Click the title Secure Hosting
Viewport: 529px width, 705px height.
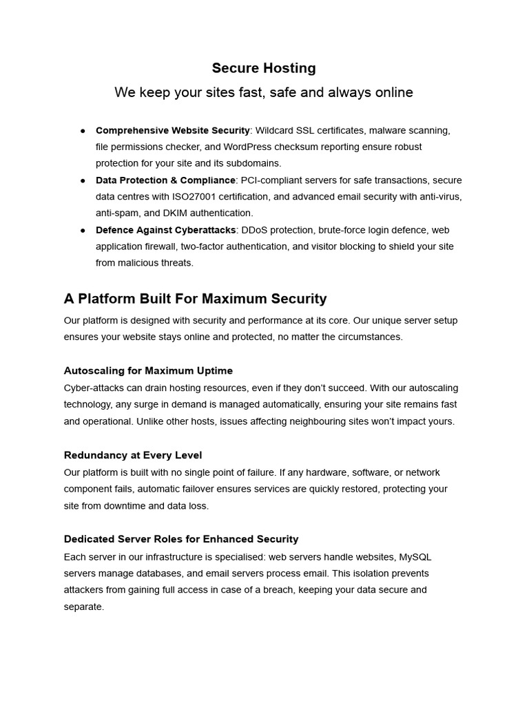pos(264,68)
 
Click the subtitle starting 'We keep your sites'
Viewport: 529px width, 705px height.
pos(264,92)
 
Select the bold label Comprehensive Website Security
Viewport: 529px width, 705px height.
pos(172,130)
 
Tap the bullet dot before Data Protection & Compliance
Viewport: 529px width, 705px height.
pos(83,180)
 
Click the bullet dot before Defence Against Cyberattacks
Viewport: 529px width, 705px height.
pos(83,230)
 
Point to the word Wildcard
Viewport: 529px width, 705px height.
pos(275,130)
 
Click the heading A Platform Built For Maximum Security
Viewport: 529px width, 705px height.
pos(195,299)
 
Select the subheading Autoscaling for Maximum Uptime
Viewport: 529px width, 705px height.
pos(148,371)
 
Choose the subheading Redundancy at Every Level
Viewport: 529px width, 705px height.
pos(133,455)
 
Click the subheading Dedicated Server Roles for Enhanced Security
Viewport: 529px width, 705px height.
pos(181,539)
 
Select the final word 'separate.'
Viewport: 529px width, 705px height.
pos(83,607)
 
